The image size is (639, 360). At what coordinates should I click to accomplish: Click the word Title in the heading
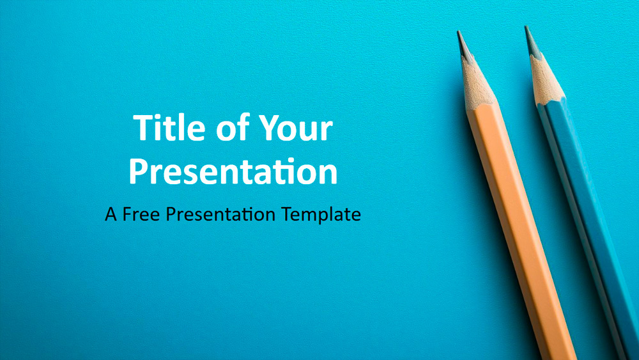(169, 128)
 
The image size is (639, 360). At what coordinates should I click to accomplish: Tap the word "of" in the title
(233, 127)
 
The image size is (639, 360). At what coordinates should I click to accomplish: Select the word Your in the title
(296, 128)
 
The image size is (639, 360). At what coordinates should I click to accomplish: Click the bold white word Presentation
(233, 171)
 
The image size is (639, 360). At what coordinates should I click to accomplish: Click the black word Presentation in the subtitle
(220, 214)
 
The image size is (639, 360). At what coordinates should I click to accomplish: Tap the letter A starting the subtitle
(111, 214)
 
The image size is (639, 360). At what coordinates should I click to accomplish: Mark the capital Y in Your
(270, 128)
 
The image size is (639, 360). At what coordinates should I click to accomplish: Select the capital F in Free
(128, 214)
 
